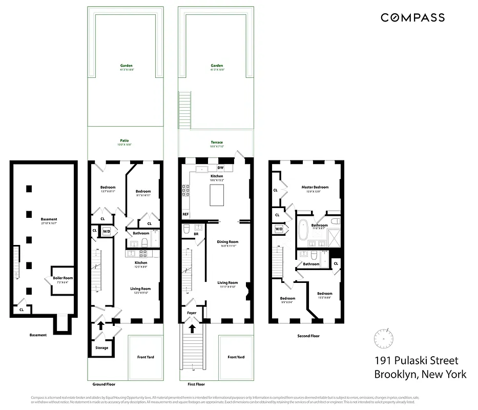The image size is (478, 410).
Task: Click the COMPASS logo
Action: pyautogui.click(x=412, y=17)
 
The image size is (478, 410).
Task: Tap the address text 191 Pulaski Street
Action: pyautogui.click(x=417, y=361)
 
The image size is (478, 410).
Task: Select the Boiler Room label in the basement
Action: pyautogui.click(x=63, y=278)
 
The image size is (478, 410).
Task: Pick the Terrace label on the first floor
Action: pyautogui.click(x=216, y=142)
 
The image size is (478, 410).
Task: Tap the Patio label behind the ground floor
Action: pyautogui.click(x=124, y=140)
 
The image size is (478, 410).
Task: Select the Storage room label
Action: pyautogui.click(x=101, y=348)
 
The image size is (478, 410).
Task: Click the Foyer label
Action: pyautogui.click(x=192, y=312)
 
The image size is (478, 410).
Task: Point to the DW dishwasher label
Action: pyautogui.click(x=220, y=168)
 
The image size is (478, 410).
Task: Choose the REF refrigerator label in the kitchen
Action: pyautogui.click(x=185, y=214)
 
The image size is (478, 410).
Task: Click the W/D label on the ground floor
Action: pyautogui.click(x=107, y=231)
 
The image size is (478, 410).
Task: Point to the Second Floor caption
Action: pyautogui.click(x=308, y=336)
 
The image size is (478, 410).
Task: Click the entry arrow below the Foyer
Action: pyautogui.click(x=193, y=329)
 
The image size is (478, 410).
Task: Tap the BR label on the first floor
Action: pyautogui.click(x=196, y=234)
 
